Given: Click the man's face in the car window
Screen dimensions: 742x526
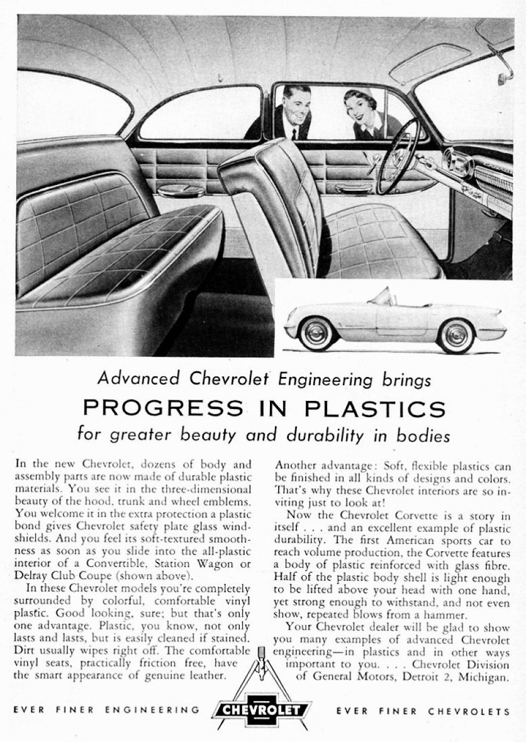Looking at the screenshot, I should [x=296, y=103].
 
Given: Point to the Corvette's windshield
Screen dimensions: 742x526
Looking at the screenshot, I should [x=380, y=296].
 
